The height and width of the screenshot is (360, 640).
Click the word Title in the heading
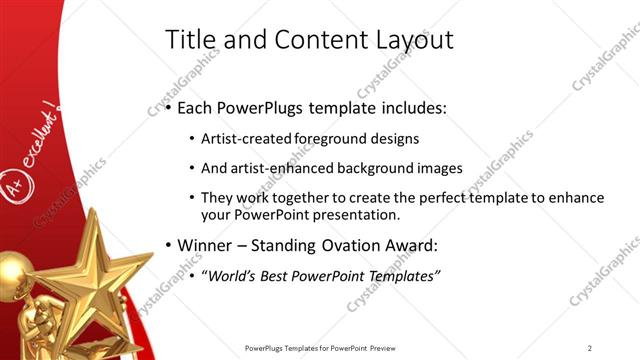186,39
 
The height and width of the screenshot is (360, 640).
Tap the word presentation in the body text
357,215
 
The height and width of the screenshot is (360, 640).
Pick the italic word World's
231,275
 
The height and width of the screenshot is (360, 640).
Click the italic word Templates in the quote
403,275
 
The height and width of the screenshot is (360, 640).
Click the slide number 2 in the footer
590,347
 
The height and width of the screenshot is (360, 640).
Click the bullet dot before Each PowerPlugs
169,106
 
